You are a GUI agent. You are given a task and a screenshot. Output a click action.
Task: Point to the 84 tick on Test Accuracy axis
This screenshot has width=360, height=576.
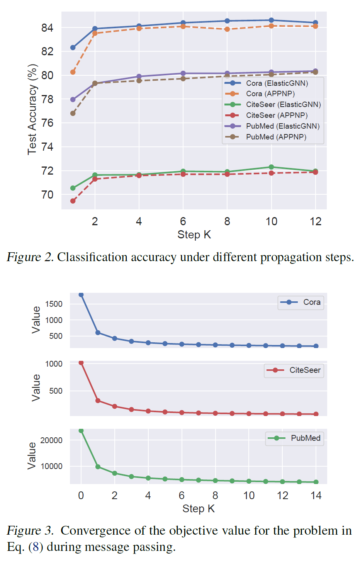[x=47, y=28]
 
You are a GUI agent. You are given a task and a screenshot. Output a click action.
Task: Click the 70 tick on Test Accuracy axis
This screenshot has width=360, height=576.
[x=47, y=195]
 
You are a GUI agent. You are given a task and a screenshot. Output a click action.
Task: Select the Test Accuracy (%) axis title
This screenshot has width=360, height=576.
[x=32, y=110]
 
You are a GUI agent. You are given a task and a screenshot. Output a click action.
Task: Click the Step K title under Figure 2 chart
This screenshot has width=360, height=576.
[x=194, y=234]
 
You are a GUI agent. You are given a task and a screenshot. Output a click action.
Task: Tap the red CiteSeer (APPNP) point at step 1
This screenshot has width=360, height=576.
[x=73, y=201]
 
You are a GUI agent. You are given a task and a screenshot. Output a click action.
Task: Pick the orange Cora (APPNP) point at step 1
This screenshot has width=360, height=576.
[x=73, y=72]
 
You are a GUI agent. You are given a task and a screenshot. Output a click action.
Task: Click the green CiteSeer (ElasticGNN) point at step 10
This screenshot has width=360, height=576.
[x=272, y=167]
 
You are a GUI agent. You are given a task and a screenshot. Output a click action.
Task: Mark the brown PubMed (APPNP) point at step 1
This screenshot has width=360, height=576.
[x=73, y=113]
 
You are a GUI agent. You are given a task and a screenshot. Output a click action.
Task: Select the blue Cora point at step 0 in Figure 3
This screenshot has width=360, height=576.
[x=81, y=295]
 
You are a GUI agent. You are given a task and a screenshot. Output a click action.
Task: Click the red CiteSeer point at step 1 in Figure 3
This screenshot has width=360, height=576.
[x=98, y=401]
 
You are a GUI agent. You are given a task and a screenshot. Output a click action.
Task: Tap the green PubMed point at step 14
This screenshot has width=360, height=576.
[x=316, y=482]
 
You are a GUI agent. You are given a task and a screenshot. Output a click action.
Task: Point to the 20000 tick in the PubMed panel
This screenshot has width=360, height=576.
[x=51, y=440]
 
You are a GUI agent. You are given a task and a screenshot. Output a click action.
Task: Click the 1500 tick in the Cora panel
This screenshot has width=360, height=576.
[x=54, y=304]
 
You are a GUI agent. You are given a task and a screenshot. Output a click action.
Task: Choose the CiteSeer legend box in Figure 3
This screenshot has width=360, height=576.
[x=294, y=370]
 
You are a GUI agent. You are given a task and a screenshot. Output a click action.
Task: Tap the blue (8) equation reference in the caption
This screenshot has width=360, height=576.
[x=36, y=547]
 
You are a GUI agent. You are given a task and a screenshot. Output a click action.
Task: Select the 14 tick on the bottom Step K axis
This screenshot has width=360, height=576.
[x=316, y=496]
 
